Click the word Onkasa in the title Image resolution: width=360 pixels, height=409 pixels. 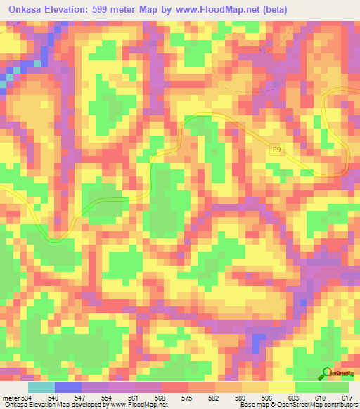tap(27, 10)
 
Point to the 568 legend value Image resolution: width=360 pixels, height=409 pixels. tap(161, 398)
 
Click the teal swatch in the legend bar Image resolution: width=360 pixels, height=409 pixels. tap(41, 387)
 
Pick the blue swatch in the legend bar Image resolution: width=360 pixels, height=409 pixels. tap(68, 387)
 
